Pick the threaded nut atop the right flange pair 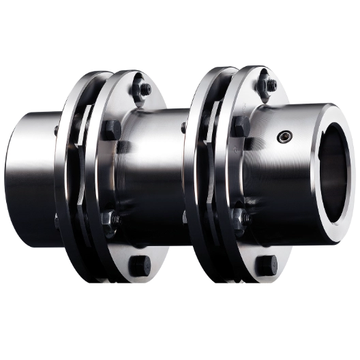pyautogui.click(x=271, y=85)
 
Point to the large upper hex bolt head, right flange pyautogui.click(x=239, y=125)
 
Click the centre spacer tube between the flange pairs pyautogui.click(x=157, y=177)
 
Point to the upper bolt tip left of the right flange pyautogui.click(x=184, y=127)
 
